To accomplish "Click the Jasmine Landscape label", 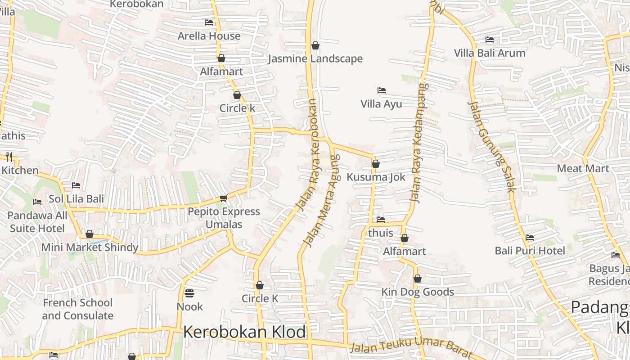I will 315,58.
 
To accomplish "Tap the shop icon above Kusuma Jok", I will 375,164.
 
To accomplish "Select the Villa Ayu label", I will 381,104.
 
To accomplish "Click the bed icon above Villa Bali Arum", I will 490,40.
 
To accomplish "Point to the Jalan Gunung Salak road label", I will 491,147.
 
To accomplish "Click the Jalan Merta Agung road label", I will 321,201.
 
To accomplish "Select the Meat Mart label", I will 583,169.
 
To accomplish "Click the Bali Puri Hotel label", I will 530,251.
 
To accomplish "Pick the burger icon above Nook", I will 189,293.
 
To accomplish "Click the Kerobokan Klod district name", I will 244,332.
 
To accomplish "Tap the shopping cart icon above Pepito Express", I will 223,198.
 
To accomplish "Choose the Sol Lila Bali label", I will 76,199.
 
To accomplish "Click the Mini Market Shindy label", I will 90,247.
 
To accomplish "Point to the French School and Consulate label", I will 77,309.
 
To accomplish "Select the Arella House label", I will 209,36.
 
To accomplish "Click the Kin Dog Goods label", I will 418,292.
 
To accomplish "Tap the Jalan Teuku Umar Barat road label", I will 410,348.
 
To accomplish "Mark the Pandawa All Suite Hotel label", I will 37,222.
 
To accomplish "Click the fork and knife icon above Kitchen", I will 9,157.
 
